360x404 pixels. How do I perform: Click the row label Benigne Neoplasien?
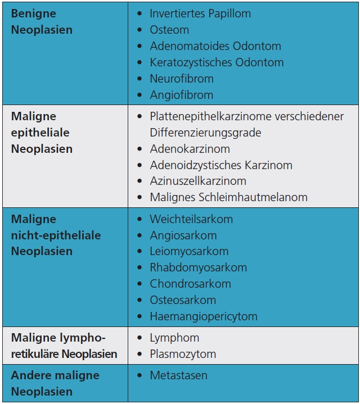[42, 21]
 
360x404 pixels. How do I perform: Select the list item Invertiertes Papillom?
[200, 13]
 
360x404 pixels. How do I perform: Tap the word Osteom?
[169, 30]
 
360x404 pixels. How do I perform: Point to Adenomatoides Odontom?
[215, 46]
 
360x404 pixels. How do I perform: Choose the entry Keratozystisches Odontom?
[217, 62]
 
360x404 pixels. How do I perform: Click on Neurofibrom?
[182, 79]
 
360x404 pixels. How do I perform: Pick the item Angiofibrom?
[181, 95]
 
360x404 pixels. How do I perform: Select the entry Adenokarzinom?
[190, 149]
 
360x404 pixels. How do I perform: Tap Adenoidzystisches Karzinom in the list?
[220, 165]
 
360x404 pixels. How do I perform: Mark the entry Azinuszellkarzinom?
[198, 181]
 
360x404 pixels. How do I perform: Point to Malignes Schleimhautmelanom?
[228, 197]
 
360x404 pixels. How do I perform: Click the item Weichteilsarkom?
[191, 219]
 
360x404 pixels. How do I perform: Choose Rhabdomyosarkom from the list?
[198, 267]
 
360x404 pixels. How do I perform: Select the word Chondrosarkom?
[190, 284]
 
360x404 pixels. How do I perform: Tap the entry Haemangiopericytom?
[203, 316]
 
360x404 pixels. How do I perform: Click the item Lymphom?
[174, 338]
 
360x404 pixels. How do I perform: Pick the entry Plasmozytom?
[183, 354]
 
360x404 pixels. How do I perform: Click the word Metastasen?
[178, 375]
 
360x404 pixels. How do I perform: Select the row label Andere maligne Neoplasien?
[55, 383]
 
